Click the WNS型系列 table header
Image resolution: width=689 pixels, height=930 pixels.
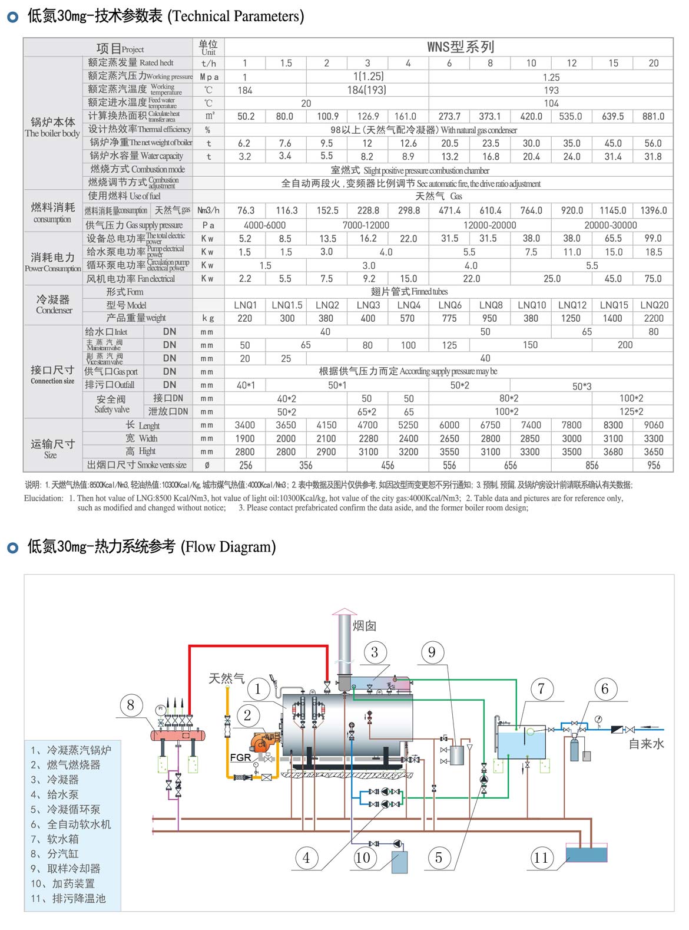coord(460,47)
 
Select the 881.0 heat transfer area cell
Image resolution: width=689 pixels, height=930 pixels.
coord(653,116)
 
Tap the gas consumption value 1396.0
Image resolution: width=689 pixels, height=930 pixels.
coord(653,210)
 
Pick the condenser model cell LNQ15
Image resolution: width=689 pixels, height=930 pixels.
coord(614,305)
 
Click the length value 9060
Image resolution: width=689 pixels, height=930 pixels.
coord(653,425)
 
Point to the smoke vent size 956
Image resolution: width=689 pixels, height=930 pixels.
coord(653,465)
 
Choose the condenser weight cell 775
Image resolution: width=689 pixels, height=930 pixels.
coord(449,318)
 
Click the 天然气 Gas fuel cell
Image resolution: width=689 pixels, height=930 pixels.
coord(439,196)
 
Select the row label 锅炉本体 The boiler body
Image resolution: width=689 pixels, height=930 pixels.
coord(52,127)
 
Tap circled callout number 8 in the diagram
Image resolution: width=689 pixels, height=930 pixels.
coord(131,705)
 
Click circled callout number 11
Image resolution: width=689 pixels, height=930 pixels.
coord(541,858)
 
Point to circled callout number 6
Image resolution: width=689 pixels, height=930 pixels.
coord(605,689)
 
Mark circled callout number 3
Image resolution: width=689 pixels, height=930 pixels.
coord(375,652)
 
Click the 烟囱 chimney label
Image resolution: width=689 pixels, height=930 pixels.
coord(365,626)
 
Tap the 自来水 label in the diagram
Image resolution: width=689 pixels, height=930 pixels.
coord(646,744)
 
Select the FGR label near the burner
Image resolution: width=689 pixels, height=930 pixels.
coord(240,757)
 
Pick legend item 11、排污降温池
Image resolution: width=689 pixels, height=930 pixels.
coord(68,898)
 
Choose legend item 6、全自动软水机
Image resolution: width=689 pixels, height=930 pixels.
coord(71,824)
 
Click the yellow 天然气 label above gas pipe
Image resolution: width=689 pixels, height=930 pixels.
coord(227,678)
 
